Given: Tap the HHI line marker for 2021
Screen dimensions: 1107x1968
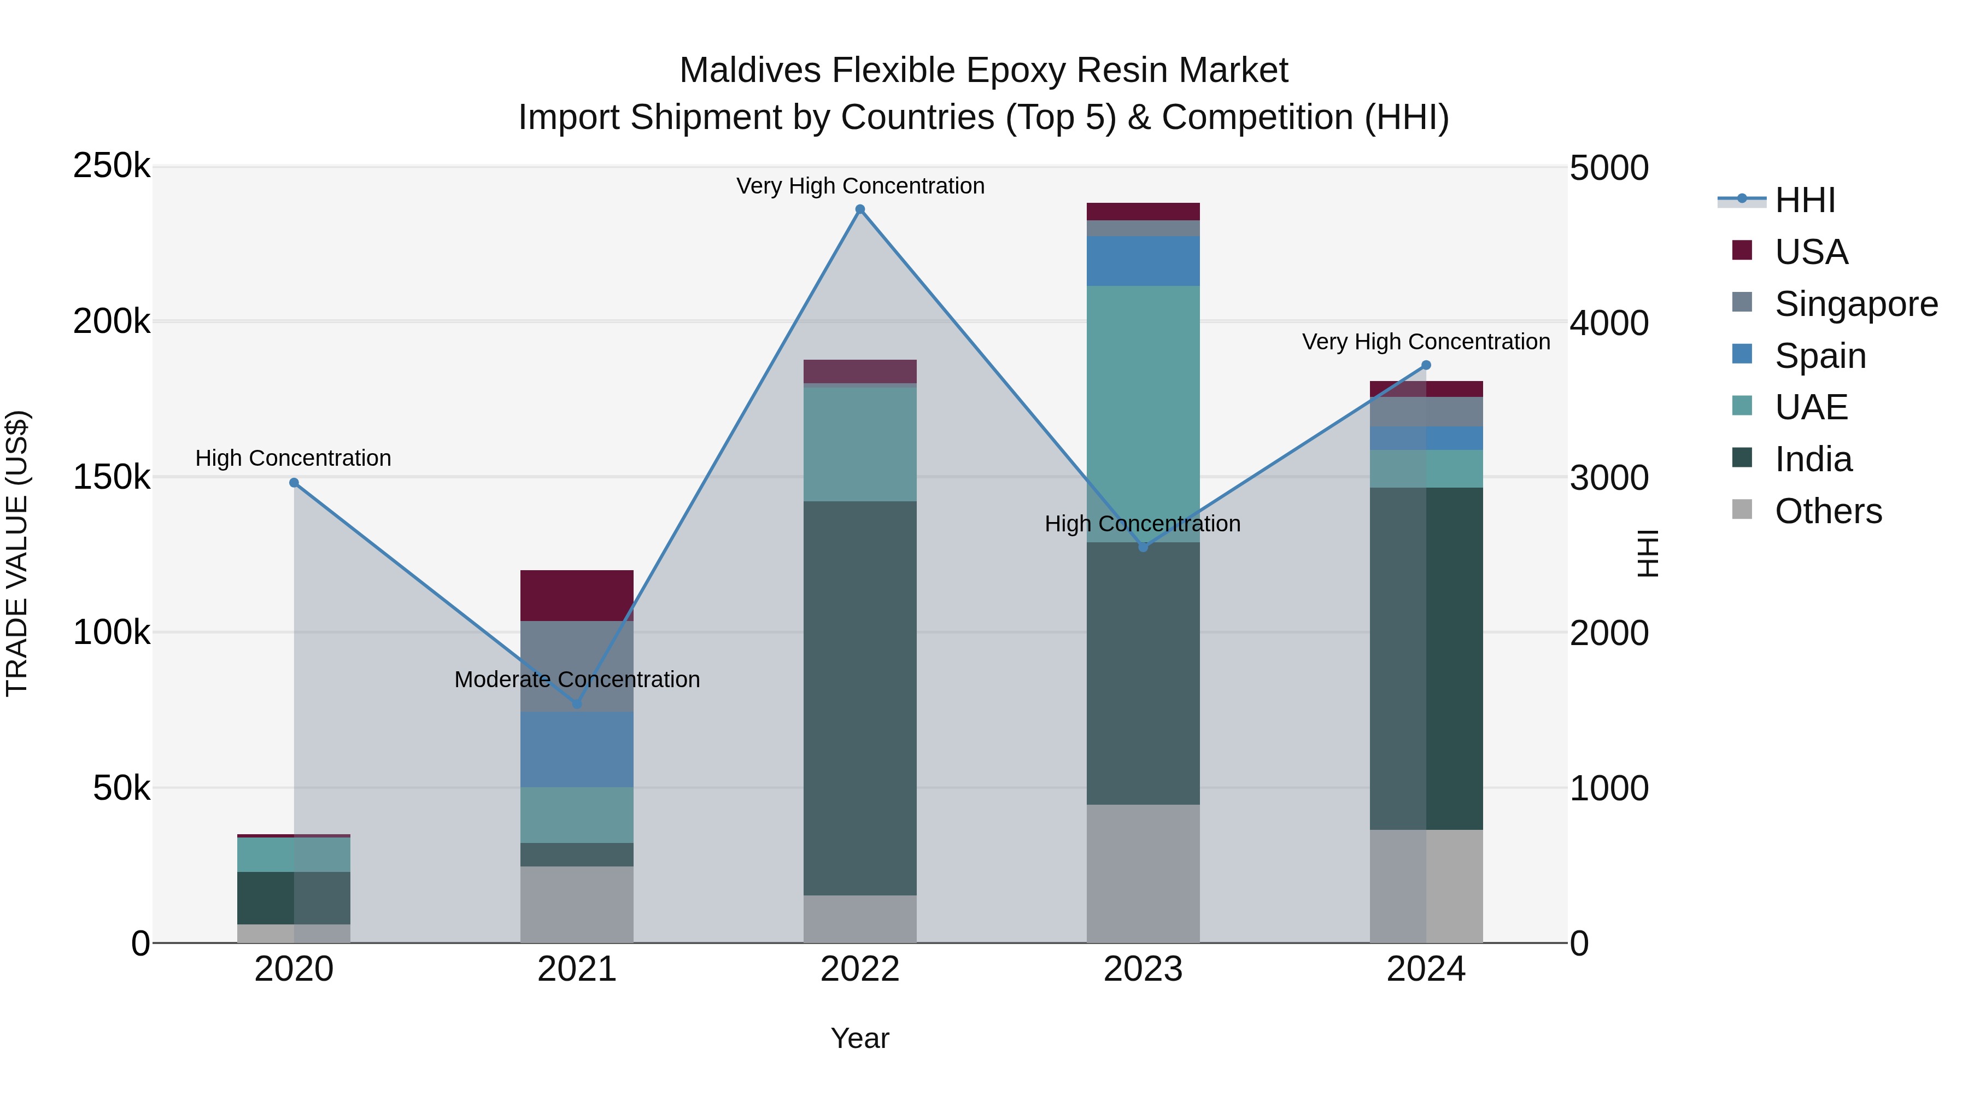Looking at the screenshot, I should (577, 704).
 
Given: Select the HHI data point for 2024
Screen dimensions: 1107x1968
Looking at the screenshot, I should (1426, 365).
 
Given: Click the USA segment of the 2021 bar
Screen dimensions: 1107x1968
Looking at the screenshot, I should (577, 595).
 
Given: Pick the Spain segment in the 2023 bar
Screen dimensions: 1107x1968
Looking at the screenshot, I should (1143, 261).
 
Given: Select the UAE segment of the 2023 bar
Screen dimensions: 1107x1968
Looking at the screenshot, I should (1143, 413).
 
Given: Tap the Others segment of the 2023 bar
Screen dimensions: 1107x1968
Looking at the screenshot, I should (1143, 873).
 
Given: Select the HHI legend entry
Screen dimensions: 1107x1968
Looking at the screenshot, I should (1804, 200).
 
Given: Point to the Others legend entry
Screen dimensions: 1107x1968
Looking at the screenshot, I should (1828, 511).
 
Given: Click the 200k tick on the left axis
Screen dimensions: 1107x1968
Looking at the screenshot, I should (112, 321).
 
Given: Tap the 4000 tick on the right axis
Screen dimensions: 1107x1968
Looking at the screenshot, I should (1608, 323).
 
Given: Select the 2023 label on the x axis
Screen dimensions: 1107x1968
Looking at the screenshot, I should (1143, 969).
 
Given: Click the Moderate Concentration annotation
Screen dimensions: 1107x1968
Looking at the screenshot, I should (577, 679).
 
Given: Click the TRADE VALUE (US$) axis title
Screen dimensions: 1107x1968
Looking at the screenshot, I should (17, 553).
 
